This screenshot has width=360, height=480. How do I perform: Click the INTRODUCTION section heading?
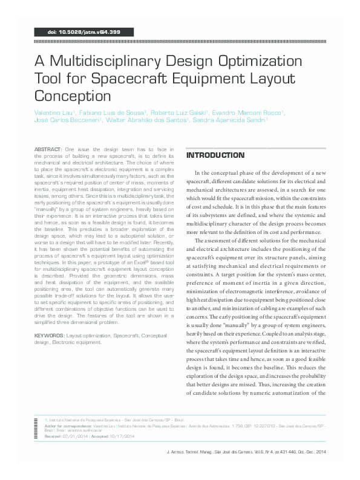(215, 155)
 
